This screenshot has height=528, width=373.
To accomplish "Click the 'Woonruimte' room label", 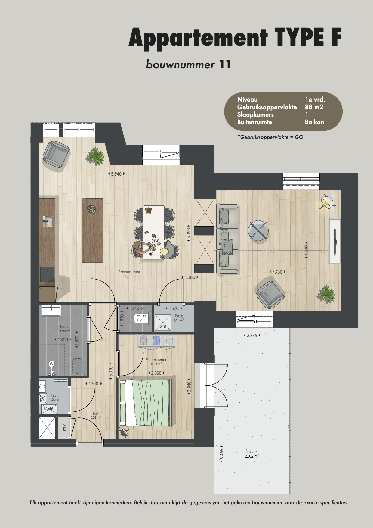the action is pos(130,272).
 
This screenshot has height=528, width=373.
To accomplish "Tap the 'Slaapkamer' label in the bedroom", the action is pos(156,360).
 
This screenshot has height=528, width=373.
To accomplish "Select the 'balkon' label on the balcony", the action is pos(252,452).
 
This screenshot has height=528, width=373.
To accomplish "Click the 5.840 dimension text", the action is pos(116,174).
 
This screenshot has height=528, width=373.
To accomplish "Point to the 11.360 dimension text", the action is pos(190,277).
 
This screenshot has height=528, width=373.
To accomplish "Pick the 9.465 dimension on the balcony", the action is pos(222,454).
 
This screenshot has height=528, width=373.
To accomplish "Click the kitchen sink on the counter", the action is pos(48,221).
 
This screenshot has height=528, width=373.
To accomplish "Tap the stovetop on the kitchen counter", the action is pos(47,274).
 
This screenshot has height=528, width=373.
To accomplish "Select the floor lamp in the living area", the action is pos(326,203).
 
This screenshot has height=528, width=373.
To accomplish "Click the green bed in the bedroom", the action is pos(145,403).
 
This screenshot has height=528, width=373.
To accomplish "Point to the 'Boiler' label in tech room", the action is pos(49,408).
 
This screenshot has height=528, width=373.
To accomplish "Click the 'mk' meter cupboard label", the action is pos(64,427).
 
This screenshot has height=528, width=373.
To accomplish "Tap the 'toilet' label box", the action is pos(141,318).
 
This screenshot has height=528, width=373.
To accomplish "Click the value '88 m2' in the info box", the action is pos(314,107).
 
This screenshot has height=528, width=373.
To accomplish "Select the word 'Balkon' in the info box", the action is pos(314,122).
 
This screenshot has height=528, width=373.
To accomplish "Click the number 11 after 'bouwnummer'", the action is pos(225,64).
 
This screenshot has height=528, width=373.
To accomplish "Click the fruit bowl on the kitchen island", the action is pos(91,209).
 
